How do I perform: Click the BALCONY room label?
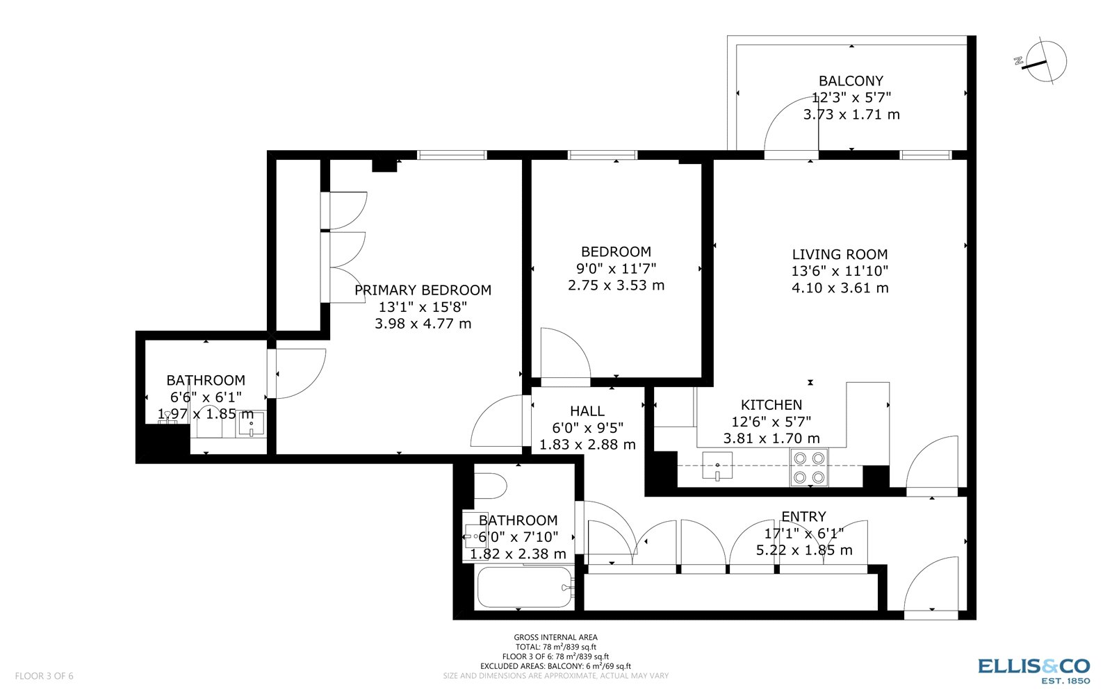pyautogui.click(x=851, y=81)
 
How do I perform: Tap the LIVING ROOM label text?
pyautogui.click(x=840, y=254)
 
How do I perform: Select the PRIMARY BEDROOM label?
pyautogui.click(x=423, y=290)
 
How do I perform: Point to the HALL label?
pyautogui.click(x=587, y=411)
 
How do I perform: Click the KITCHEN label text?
pyautogui.click(x=771, y=404)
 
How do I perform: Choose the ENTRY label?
pyautogui.click(x=803, y=516)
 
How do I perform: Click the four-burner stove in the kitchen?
pyautogui.click(x=809, y=468)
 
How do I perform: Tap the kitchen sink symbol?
pyautogui.click(x=717, y=465)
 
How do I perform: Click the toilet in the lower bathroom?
pyautogui.click(x=490, y=486)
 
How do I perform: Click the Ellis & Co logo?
pyautogui.click(x=1034, y=670)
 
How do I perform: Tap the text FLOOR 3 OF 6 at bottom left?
pyautogui.click(x=44, y=676)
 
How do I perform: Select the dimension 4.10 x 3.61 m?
pyautogui.click(x=840, y=288)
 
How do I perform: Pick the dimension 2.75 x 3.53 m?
pyautogui.click(x=616, y=285)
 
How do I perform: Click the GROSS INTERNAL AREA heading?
pyautogui.click(x=555, y=637)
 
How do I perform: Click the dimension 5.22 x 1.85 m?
pyautogui.click(x=804, y=550)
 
